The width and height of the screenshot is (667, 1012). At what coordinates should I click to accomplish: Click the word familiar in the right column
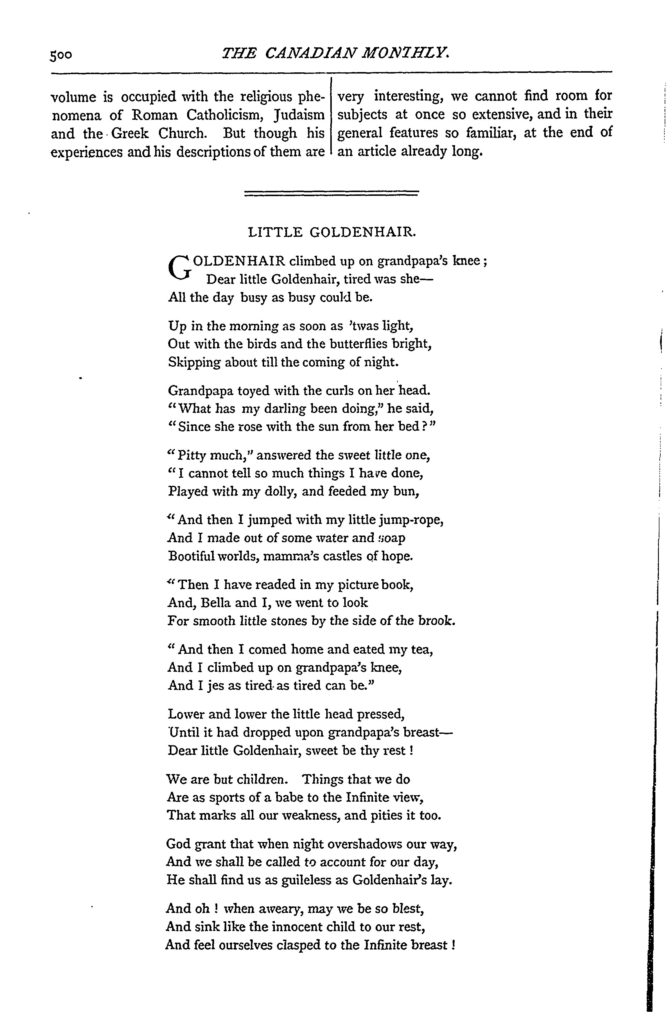click(x=489, y=133)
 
